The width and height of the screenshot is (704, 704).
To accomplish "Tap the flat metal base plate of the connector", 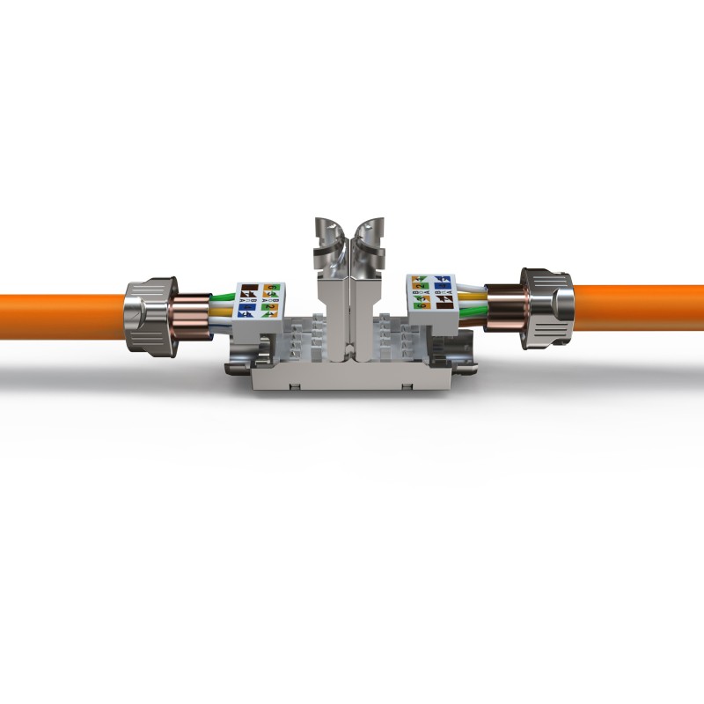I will pos(352,380).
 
